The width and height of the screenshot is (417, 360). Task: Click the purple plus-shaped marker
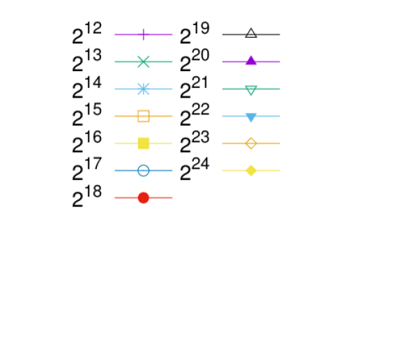[x=144, y=34]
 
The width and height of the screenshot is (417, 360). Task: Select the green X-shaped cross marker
[x=144, y=61]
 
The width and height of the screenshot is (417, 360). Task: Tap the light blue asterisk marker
[x=144, y=89]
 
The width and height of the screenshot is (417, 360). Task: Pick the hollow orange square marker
[x=144, y=116]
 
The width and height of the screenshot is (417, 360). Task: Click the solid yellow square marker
[x=144, y=143]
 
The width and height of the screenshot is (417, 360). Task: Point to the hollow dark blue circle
[x=144, y=170]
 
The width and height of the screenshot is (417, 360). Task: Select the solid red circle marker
[x=144, y=197]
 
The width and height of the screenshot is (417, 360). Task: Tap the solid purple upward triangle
[x=251, y=61]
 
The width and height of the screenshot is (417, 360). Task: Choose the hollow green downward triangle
[x=251, y=89]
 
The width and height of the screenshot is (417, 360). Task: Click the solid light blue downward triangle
[x=251, y=117]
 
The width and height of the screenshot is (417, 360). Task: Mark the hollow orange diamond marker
[x=251, y=143]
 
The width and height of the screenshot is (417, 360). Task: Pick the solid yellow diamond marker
[x=251, y=170]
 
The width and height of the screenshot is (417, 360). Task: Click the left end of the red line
[x=115, y=197]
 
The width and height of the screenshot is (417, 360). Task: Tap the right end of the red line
[x=173, y=197]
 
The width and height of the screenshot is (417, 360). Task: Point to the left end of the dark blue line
[x=115, y=170]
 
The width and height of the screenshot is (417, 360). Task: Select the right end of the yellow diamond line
[x=280, y=170]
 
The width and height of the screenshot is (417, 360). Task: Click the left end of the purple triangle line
[x=222, y=62]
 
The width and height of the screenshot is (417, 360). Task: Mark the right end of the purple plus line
[x=173, y=34]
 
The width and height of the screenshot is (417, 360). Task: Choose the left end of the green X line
[x=115, y=61]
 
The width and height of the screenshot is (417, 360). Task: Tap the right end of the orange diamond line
[x=280, y=143]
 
